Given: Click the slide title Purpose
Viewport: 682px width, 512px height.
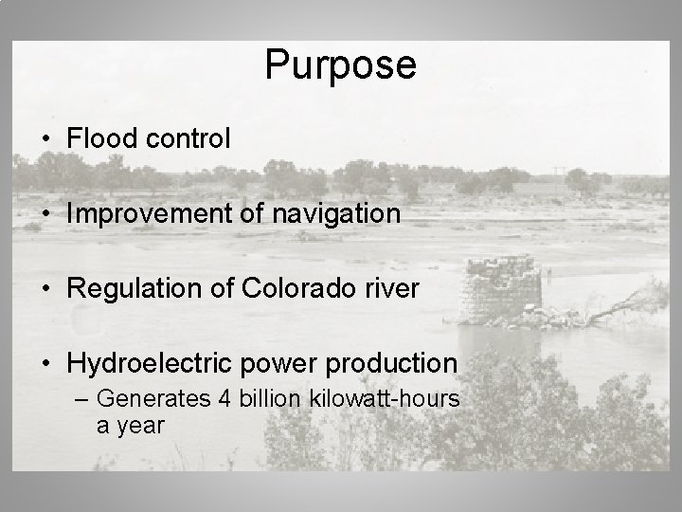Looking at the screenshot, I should tap(340, 65).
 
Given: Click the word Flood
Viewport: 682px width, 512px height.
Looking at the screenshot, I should tap(98, 138).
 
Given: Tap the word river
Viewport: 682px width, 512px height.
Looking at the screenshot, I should tap(395, 288).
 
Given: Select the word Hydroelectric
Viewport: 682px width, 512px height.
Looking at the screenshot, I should tap(143, 363).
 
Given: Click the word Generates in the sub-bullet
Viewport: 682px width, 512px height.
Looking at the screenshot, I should tap(153, 400).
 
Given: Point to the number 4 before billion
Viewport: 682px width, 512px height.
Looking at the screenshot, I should tap(224, 399).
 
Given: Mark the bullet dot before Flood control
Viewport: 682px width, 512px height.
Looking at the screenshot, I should tap(46, 139).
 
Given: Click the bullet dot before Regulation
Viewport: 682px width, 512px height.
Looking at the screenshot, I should tap(46, 289).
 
